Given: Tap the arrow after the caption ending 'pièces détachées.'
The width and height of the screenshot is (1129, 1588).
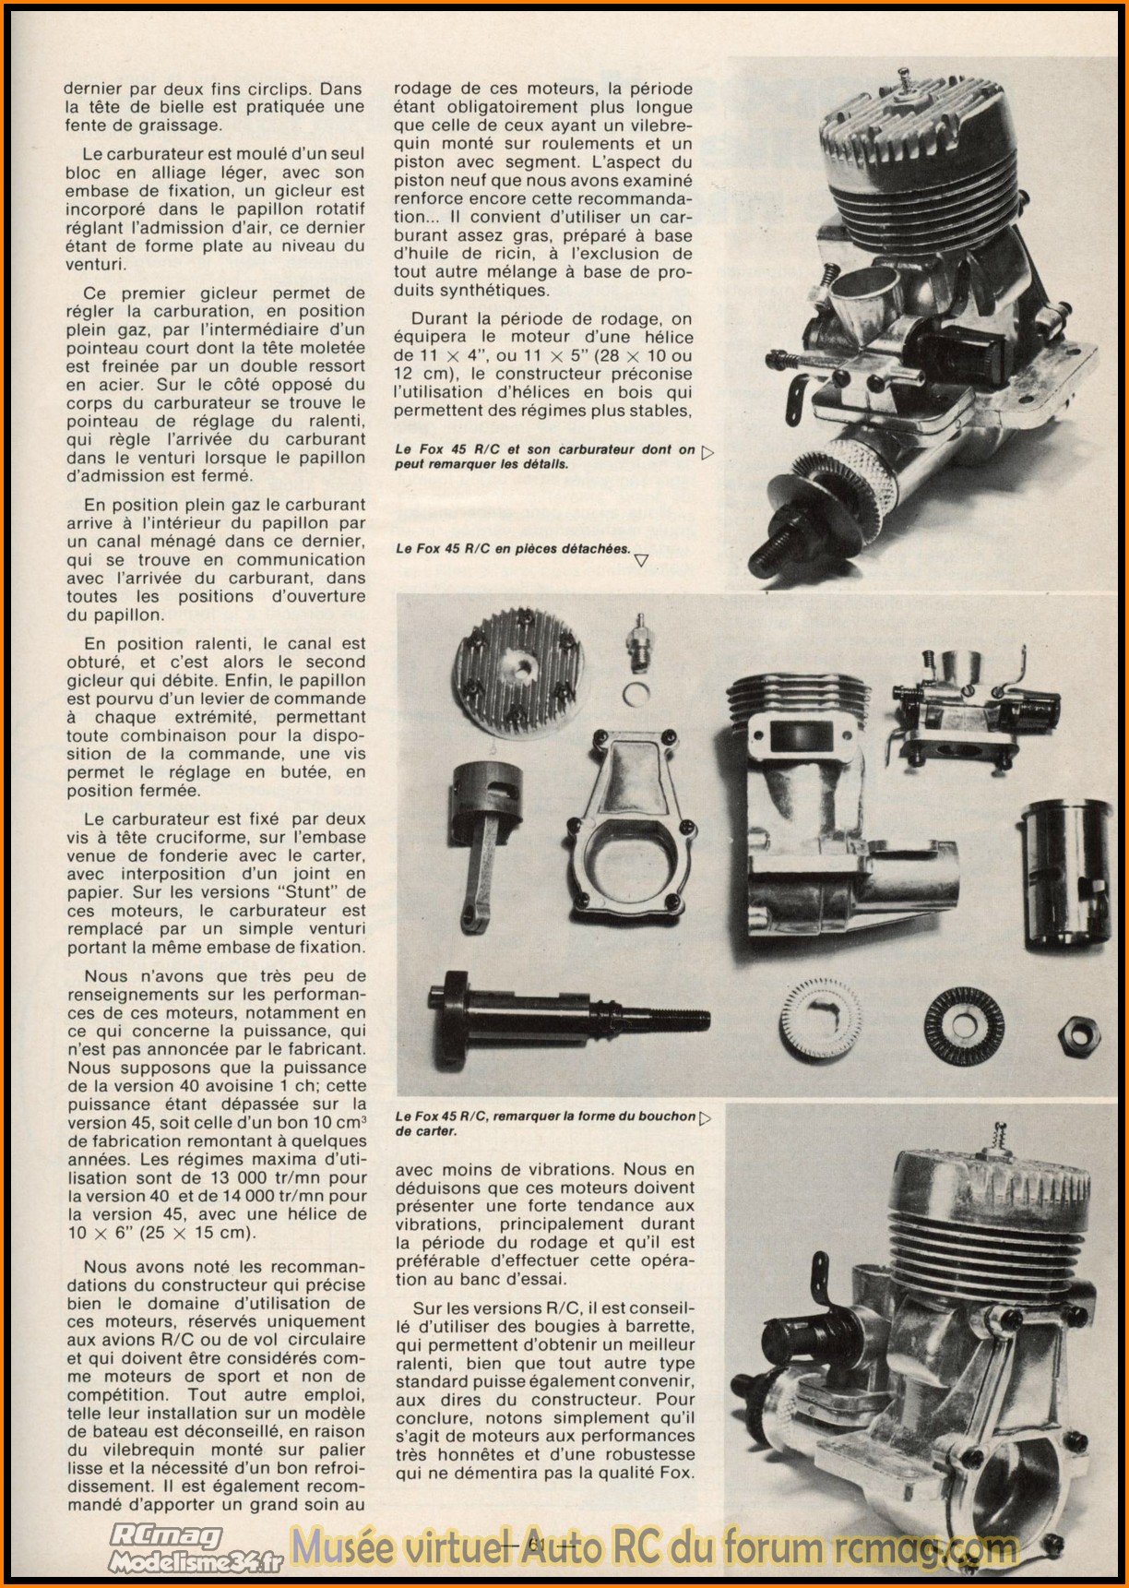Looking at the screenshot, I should coord(642,559).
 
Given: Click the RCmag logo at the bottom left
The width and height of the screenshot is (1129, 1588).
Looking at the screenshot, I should coord(166,1535).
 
